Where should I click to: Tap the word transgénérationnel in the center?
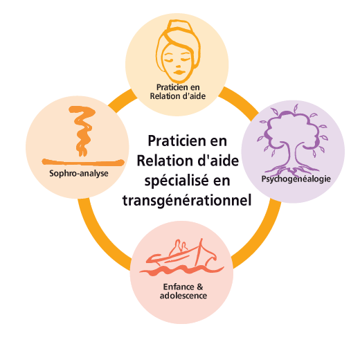pyautogui.click(x=187, y=200)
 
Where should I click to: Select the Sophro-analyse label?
pyautogui.click(x=79, y=174)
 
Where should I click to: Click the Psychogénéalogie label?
pyautogui.click(x=296, y=179)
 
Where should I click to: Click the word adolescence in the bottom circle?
pyautogui.click(x=183, y=296)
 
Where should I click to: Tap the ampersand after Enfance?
pyautogui.click(x=200, y=287)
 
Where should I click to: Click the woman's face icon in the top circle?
pyautogui.click(x=178, y=51)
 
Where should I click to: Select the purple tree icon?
pyautogui.click(x=293, y=141)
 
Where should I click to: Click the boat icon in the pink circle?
pyautogui.click(x=181, y=257)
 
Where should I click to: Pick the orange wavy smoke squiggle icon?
pyautogui.click(x=82, y=130)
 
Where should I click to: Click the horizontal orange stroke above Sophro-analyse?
pyautogui.click(x=83, y=162)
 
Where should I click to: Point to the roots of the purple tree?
pyautogui.click(x=293, y=171)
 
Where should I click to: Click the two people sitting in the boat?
pyautogui.click(x=181, y=247)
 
